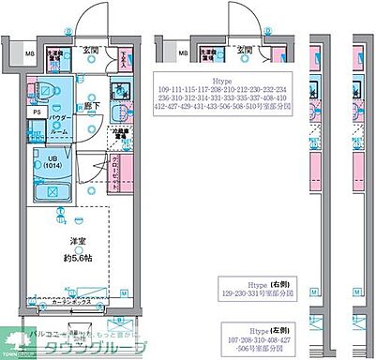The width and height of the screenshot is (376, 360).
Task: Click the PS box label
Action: tap(37, 112)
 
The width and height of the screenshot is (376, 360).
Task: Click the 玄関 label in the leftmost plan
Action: tap(93, 49)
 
